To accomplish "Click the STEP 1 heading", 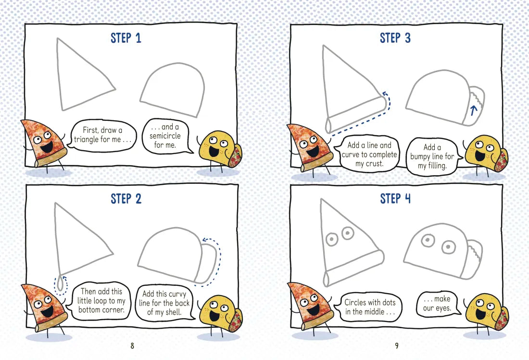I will point(126,38).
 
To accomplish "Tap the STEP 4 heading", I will point(395,198).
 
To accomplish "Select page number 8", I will point(132,346).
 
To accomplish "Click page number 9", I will point(397,346).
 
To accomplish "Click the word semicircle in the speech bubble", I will point(165,136).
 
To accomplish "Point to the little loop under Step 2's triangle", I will point(61,284).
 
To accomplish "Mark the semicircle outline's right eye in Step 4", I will point(449,247).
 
